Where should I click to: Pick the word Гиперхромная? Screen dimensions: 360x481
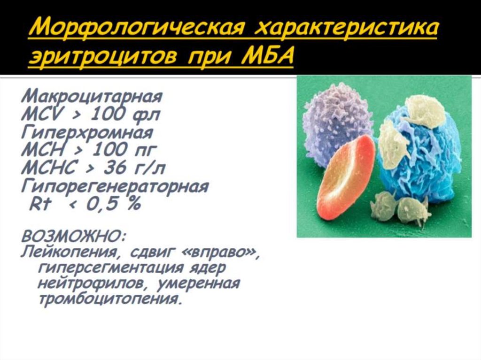(x=86, y=133)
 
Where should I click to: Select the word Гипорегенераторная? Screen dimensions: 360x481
(x=115, y=186)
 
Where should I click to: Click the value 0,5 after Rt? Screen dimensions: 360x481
(x=106, y=205)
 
